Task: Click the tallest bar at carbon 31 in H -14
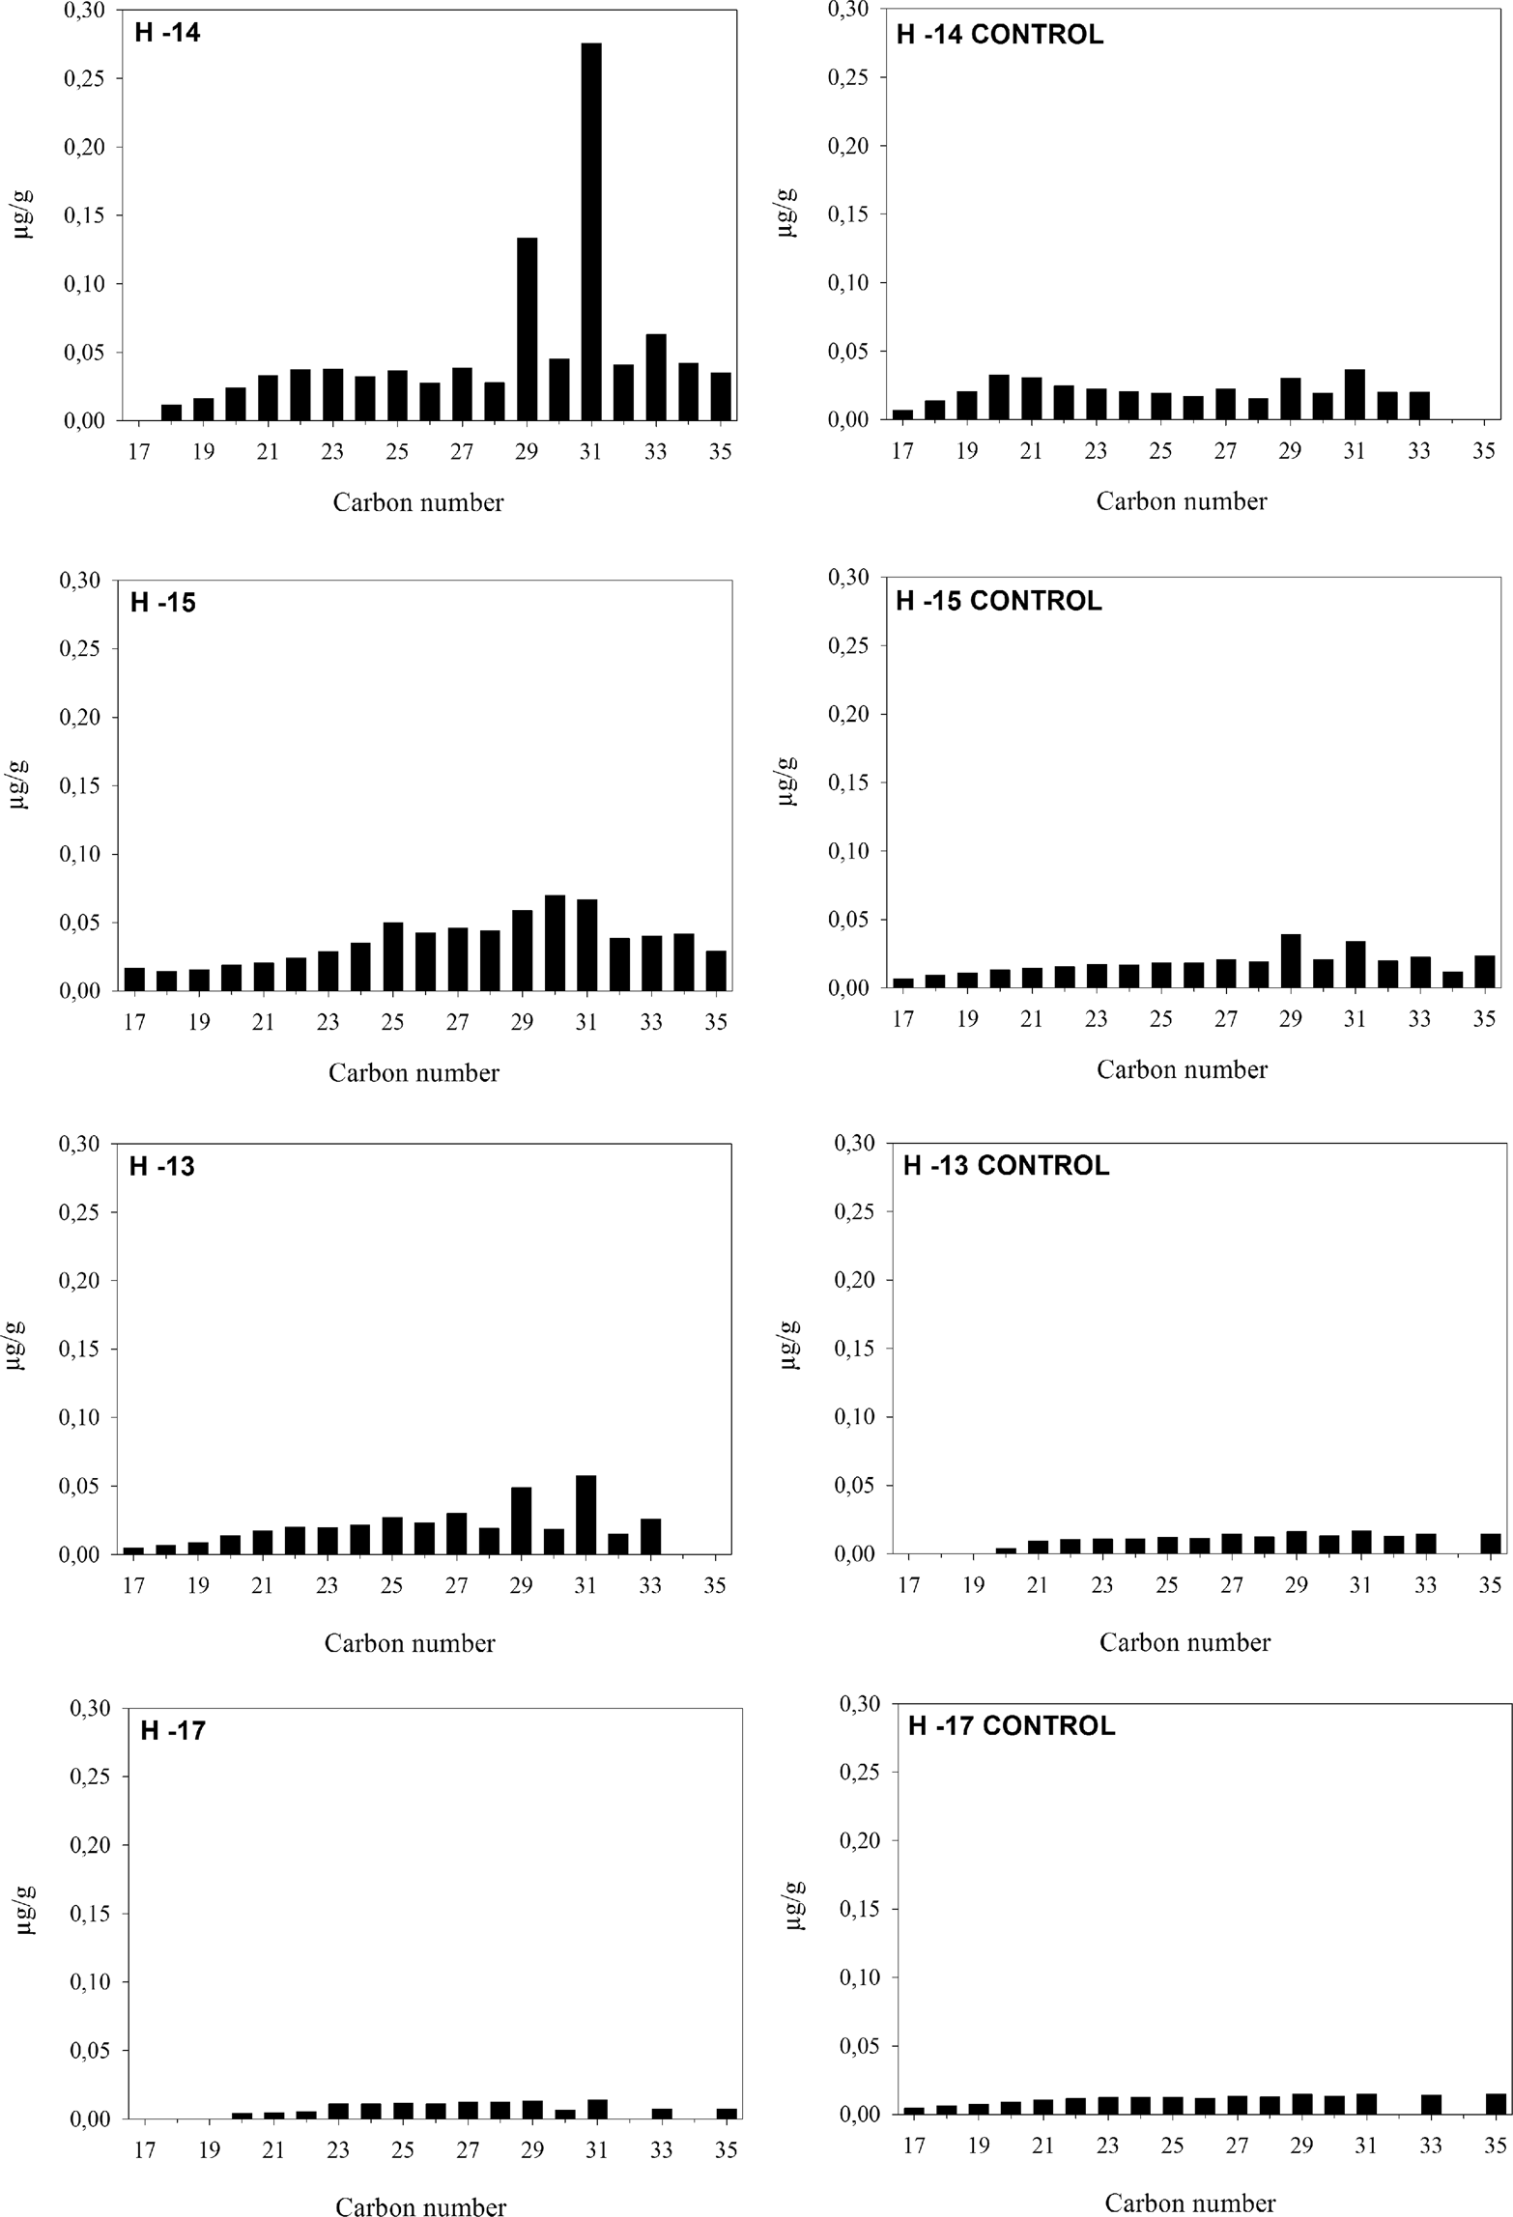pyautogui.click(x=590, y=232)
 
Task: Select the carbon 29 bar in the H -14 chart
pyautogui.click(x=527, y=328)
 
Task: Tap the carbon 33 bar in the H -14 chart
pyautogui.click(x=656, y=378)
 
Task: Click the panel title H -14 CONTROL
pyautogui.click(x=999, y=36)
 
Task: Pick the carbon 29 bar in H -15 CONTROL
pyautogui.click(x=1290, y=961)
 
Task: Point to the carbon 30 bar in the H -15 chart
pyautogui.click(x=555, y=943)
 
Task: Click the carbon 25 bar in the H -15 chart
pyautogui.click(x=393, y=956)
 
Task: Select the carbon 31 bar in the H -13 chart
pyautogui.click(x=585, y=1515)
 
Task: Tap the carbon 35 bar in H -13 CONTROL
pyautogui.click(x=1491, y=1544)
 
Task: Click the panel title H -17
pyautogui.click(x=173, y=1730)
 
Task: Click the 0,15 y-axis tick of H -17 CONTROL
pyautogui.click(x=860, y=1909)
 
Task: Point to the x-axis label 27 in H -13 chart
pyautogui.click(x=457, y=1585)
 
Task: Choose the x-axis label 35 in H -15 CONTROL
pyautogui.click(x=1484, y=1019)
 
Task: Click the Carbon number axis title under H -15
pyautogui.click(x=414, y=1073)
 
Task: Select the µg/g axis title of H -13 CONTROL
pyautogui.click(x=790, y=1345)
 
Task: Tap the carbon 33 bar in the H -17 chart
pyautogui.click(x=662, y=2113)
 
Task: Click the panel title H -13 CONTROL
pyautogui.click(x=1005, y=1166)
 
